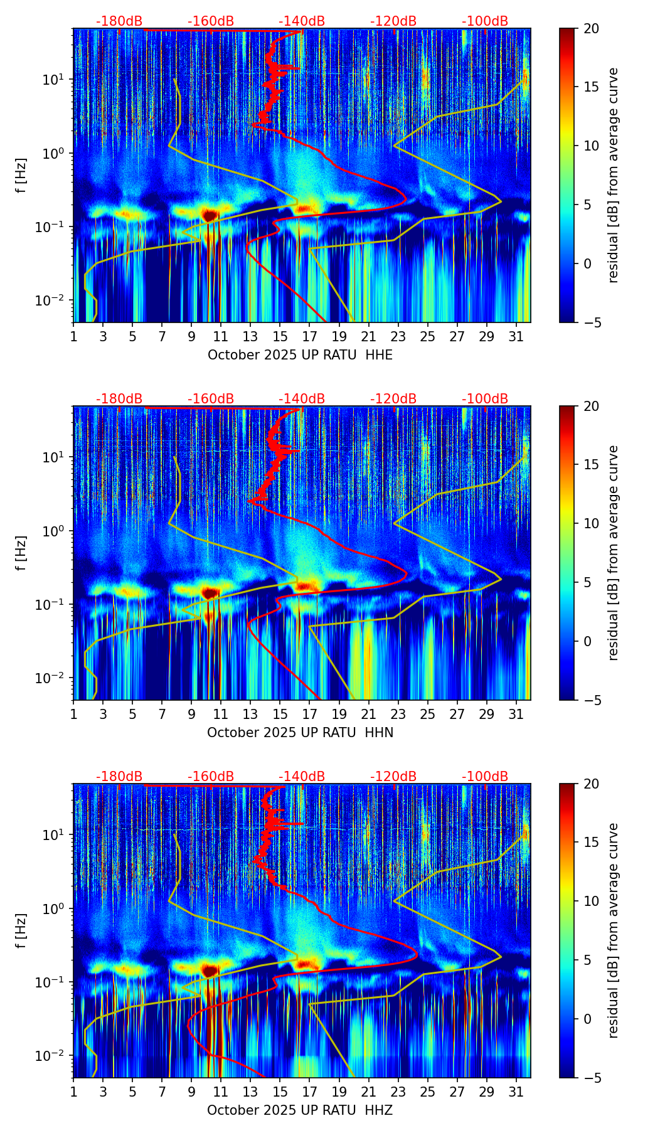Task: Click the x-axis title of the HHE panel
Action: tap(300, 355)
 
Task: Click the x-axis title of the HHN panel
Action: tap(300, 733)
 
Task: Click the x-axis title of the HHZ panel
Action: tap(300, 1110)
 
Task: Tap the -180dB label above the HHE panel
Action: tap(119, 21)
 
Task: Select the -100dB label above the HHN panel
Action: tap(485, 399)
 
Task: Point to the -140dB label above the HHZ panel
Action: tap(302, 777)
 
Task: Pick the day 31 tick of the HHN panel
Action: tap(516, 715)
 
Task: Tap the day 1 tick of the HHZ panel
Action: tap(73, 1092)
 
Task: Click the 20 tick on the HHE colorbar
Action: tap(592, 28)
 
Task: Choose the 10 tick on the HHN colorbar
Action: tap(592, 523)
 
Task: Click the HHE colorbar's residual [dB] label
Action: tap(613, 175)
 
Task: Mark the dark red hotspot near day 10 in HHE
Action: tap(210, 215)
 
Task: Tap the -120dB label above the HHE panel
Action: tap(393, 21)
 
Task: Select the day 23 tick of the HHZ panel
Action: tap(398, 1092)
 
